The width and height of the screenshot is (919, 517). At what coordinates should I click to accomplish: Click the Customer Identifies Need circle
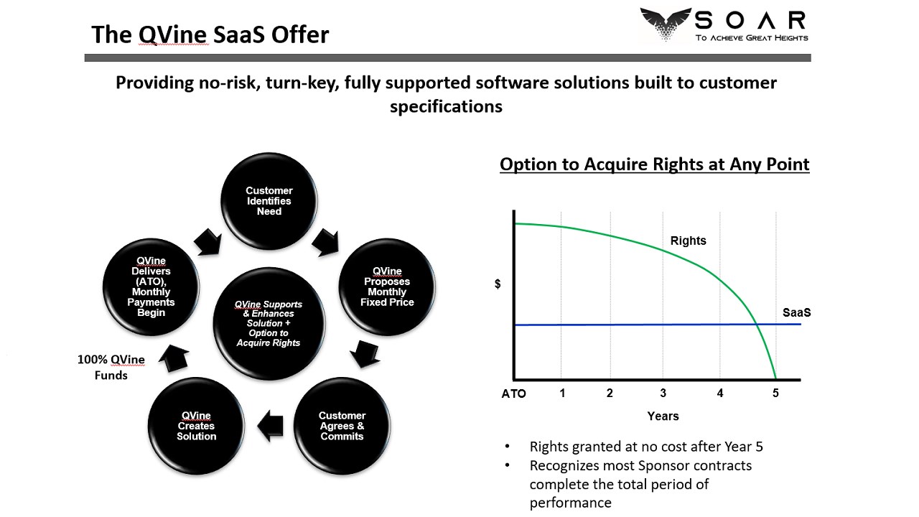point(269,201)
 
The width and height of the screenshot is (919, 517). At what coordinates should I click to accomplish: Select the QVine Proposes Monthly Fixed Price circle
point(387,287)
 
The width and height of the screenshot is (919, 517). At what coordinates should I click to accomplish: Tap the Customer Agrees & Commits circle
point(342,426)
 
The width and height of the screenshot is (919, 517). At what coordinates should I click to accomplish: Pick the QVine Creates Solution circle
point(196,426)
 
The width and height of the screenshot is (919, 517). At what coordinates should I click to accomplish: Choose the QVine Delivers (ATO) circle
point(151,287)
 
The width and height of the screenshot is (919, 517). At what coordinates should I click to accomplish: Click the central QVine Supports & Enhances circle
point(269,324)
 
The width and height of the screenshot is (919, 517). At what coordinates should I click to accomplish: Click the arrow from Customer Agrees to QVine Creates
point(271,426)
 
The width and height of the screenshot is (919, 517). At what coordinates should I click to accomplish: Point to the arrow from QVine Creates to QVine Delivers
point(174,358)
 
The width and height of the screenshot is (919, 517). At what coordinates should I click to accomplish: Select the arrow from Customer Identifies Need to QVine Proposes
point(326,243)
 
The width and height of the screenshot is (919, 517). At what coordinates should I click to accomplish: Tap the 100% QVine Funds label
point(111,367)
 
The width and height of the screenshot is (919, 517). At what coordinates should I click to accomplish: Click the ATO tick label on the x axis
point(513,394)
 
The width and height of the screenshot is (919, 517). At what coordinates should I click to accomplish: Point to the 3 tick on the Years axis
point(663,393)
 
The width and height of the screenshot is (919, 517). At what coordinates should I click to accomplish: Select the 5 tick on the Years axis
point(775,393)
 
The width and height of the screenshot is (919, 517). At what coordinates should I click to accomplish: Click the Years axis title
point(663,416)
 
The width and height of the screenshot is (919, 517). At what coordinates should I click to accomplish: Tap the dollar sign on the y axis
point(498,284)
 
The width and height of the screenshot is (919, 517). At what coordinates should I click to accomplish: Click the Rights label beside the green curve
point(688,241)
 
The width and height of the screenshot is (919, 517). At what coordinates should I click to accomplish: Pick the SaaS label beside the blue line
point(797,312)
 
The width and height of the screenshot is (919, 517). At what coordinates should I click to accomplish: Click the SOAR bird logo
point(666,24)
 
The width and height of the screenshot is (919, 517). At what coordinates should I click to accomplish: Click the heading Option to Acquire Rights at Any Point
point(654,164)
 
